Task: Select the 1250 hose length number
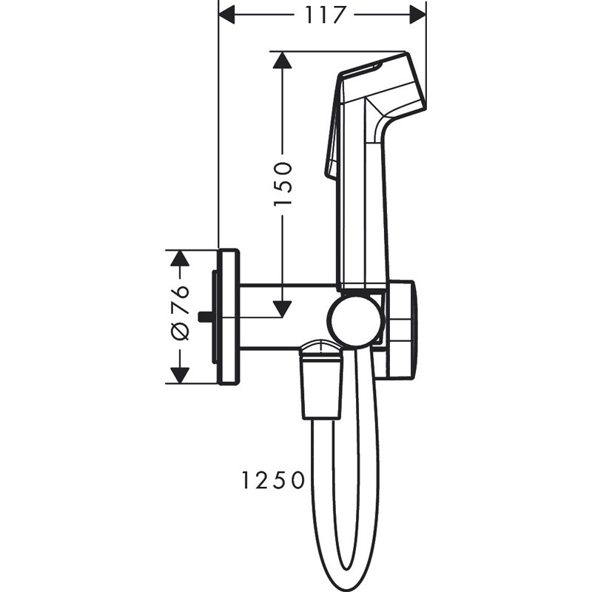pos(272,482)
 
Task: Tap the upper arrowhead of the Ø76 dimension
pos(178,258)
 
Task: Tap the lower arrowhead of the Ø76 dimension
pos(178,375)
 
